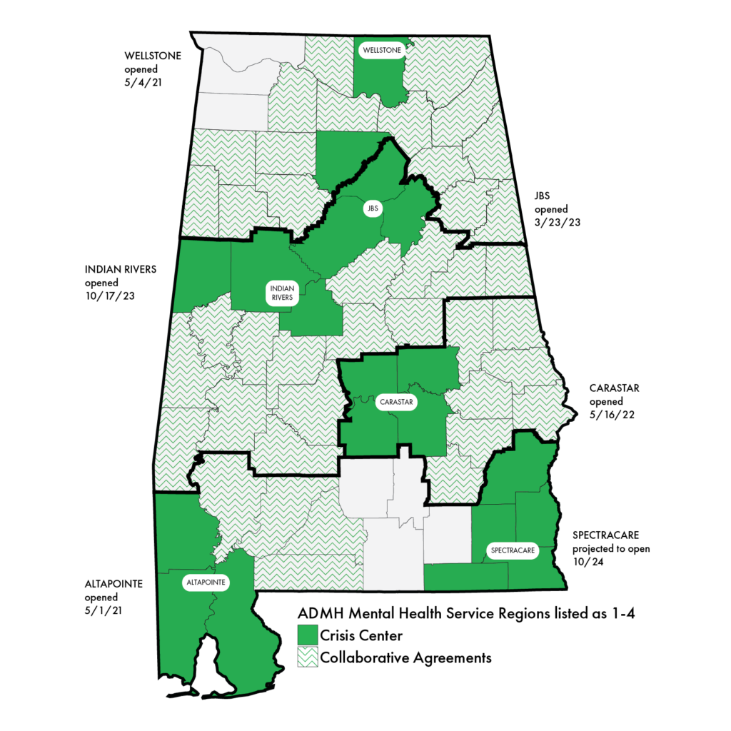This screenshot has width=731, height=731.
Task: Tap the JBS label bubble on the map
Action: [371, 208]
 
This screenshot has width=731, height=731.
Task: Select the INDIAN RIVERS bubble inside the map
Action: [281, 293]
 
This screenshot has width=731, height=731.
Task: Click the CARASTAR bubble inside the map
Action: [397, 403]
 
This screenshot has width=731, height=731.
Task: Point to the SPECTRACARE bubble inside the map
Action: [512, 551]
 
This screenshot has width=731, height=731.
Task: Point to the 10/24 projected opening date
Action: [585, 562]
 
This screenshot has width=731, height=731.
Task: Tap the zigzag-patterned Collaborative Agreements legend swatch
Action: [307, 657]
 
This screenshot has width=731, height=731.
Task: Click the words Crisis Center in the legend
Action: [361, 635]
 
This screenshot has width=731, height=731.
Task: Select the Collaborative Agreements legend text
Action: [405, 657]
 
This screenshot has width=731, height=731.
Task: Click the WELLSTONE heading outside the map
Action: [151, 55]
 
